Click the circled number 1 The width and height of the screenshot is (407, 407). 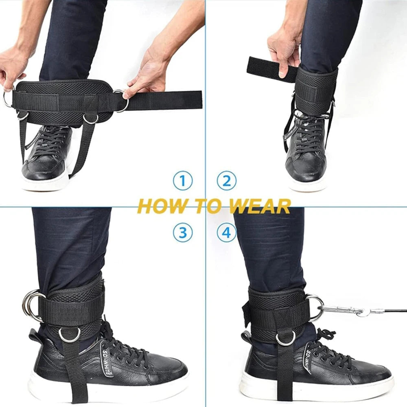point(183,181)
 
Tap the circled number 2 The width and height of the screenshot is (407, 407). point(226,181)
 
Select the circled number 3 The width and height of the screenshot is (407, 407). point(183,233)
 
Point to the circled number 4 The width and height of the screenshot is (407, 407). point(226,233)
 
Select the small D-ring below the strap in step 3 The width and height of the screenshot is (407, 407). point(70,335)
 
